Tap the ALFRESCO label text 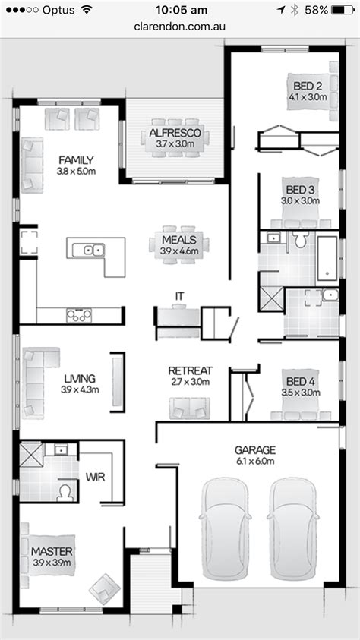coord(175,134)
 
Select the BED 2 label coord(308,86)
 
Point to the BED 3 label coord(299,189)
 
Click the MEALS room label coord(179,241)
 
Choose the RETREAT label coord(190,370)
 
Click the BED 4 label coord(299,381)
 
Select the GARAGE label coord(254,449)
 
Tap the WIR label coord(95,478)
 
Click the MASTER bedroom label coord(52,550)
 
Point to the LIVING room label coord(79,378)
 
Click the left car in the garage coord(224,531)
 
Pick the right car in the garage coord(294,531)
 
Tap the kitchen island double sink coord(94,249)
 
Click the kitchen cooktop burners coord(79,314)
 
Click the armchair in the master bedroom coord(104,587)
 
